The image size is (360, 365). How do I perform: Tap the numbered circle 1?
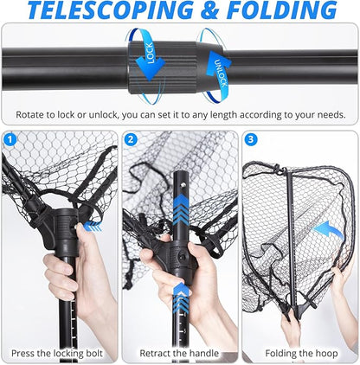[x=10, y=139]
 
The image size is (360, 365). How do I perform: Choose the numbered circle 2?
[x=131, y=139]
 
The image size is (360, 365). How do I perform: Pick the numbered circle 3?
[x=250, y=139]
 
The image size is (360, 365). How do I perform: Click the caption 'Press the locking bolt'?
[x=60, y=353]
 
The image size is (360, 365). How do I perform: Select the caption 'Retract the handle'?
[x=179, y=353]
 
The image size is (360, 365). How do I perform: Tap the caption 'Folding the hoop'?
[x=299, y=353]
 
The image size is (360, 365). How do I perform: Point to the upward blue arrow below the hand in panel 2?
[x=181, y=295]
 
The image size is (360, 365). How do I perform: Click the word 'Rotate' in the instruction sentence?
[x=34, y=114]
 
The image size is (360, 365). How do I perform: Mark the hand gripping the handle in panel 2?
[x=169, y=264]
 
